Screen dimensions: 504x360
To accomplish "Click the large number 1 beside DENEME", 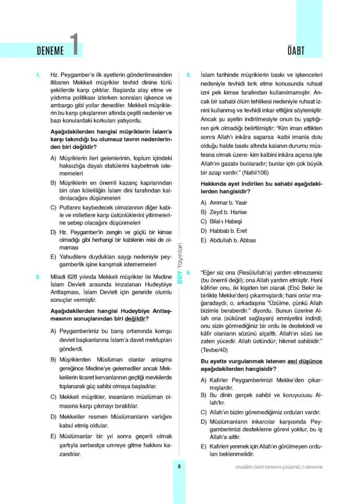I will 76,45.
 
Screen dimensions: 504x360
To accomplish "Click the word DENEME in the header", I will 50,51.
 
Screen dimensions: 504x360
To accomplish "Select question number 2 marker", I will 38,277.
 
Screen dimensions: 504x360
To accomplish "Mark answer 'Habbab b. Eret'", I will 223,231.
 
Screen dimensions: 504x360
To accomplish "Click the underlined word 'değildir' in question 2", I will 136,318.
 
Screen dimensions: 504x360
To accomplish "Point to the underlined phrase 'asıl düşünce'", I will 305,361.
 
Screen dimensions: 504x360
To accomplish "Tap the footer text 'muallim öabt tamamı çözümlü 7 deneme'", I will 279,467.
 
